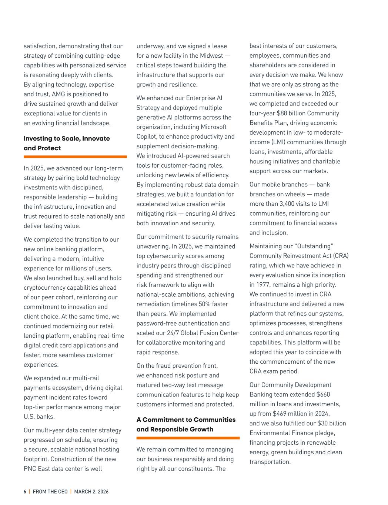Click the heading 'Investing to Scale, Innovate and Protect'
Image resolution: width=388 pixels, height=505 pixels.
pyautogui.click(x=67, y=143)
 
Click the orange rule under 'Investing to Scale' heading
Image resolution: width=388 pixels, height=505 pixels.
pyautogui.click(x=75, y=157)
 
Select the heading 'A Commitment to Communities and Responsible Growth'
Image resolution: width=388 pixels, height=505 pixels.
pyautogui.click(x=186, y=424)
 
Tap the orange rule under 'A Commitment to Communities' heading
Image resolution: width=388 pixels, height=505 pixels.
pyautogui.click(x=188, y=438)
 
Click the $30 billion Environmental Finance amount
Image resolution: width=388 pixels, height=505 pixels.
pyautogui.click(x=332, y=423)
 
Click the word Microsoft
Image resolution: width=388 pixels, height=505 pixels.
pyautogui.click(x=214, y=127)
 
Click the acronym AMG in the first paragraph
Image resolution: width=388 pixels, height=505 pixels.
pyautogui.click(x=58, y=94)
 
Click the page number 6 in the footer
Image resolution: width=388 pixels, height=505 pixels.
pyautogui.click(x=25, y=492)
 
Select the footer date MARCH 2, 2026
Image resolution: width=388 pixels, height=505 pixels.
pyautogui.click(x=91, y=492)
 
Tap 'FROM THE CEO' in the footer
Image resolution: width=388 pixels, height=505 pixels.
pyautogui.click(x=50, y=492)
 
